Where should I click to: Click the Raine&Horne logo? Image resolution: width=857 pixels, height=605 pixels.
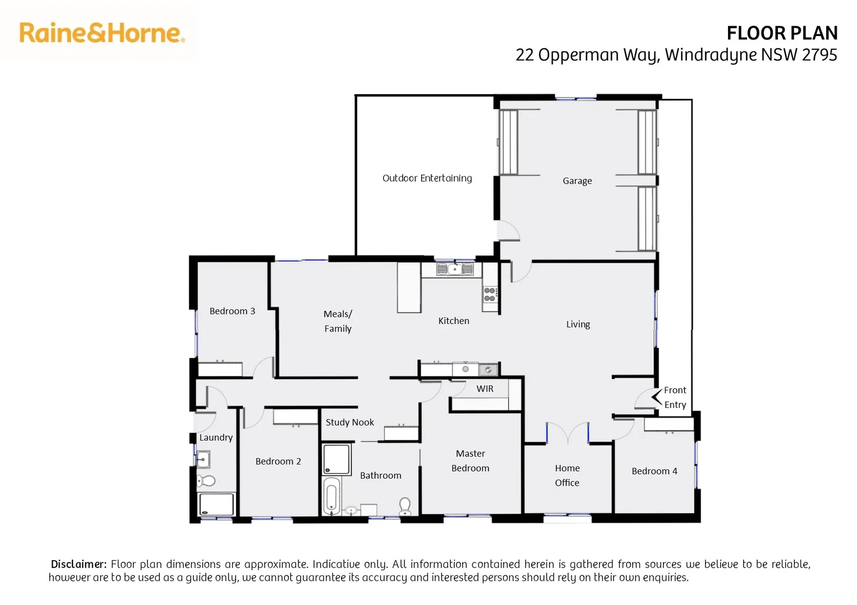tap(102, 33)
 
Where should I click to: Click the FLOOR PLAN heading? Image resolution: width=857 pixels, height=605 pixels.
tap(782, 34)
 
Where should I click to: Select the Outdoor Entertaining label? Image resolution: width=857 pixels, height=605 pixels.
tap(427, 178)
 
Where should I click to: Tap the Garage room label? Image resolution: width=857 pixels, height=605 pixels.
tap(577, 181)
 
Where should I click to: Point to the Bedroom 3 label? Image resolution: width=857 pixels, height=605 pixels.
tap(232, 311)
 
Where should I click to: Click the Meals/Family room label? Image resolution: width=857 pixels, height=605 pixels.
tap(338, 321)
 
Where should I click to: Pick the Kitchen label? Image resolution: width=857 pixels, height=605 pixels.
tap(454, 321)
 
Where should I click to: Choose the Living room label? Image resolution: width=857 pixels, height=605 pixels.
tap(578, 324)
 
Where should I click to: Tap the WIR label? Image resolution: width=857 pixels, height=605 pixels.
tap(485, 389)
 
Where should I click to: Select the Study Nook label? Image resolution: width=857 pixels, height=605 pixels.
tap(349, 422)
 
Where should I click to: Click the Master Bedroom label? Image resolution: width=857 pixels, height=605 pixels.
tap(470, 460)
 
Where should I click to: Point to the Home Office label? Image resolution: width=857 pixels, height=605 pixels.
tap(567, 475)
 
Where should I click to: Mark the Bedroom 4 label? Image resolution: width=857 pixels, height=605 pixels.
tap(654, 471)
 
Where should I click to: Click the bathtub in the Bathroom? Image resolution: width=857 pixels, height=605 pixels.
tap(331, 496)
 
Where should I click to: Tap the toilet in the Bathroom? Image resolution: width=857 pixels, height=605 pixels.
tap(405, 506)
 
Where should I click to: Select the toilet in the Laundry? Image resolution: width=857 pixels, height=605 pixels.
tap(206, 481)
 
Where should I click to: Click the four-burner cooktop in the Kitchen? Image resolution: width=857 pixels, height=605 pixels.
tap(490, 295)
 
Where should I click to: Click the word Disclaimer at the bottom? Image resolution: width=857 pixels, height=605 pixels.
tap(79, 564)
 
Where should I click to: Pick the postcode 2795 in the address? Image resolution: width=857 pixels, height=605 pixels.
tap(819, 55)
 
